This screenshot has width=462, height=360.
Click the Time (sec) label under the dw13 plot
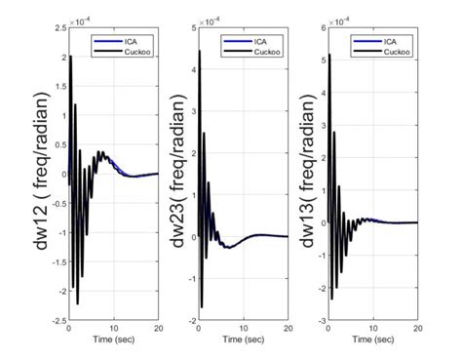376,340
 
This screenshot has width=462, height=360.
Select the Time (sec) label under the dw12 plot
112,340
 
